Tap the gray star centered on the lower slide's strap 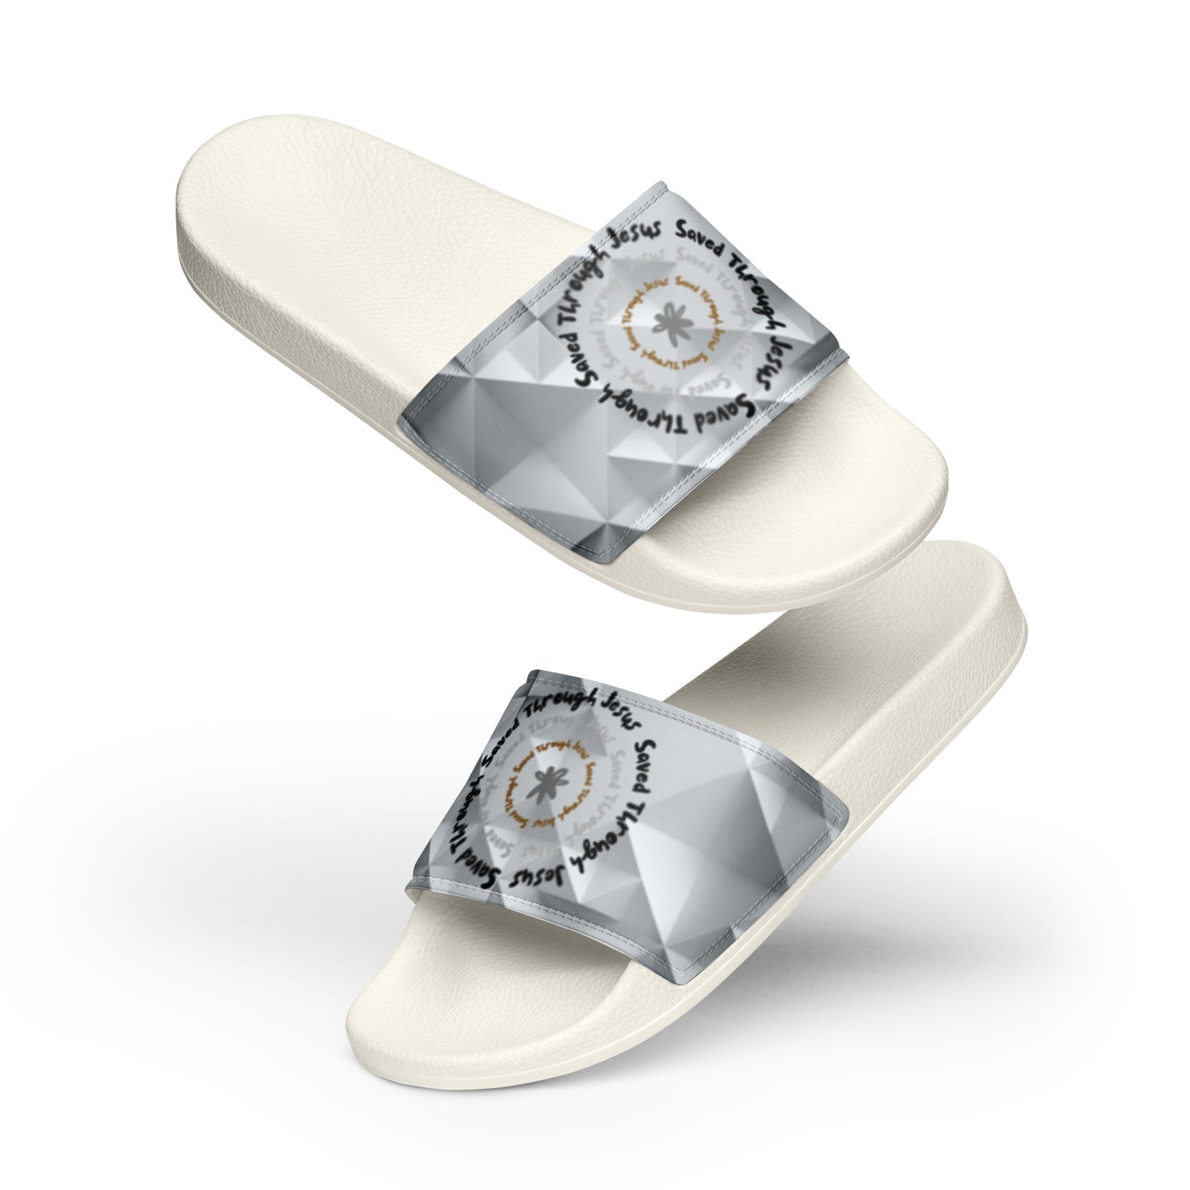(545, 780)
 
